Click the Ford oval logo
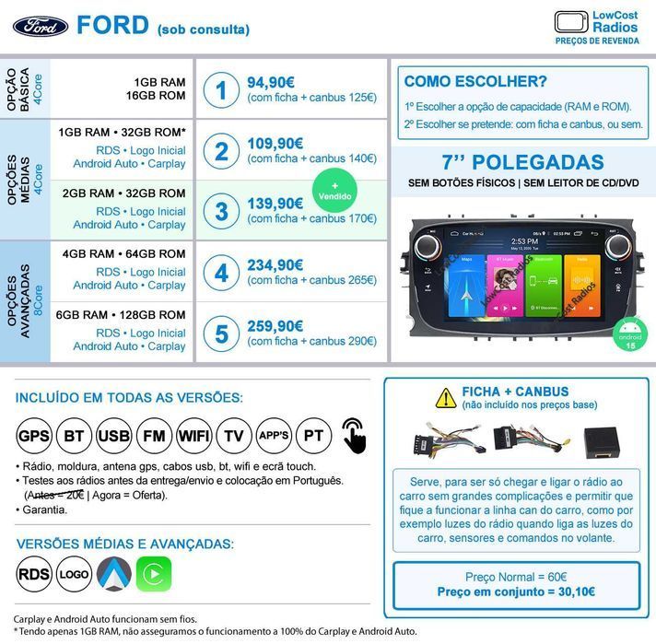40,26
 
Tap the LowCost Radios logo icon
571,22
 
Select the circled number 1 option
221,89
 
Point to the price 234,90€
275,264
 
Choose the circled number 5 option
221,334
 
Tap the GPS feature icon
33,435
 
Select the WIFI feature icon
193,435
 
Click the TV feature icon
234,435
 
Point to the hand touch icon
353,434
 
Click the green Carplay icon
154,574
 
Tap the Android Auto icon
114,574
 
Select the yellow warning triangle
446,397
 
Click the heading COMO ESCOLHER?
475,81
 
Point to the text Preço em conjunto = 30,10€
515,591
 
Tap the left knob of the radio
428,247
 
